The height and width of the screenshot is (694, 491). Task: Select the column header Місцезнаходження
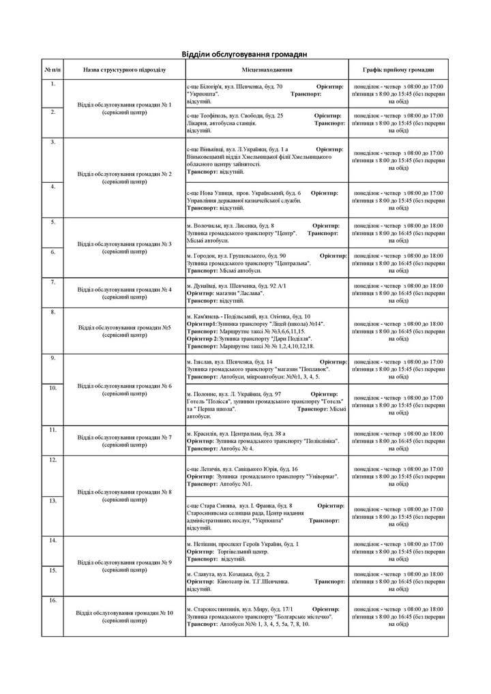pos(267,70)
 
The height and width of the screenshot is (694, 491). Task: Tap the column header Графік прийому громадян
pos(399,70)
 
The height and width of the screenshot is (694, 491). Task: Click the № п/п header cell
pos(53,70)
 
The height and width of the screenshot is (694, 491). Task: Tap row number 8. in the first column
pos(53,312)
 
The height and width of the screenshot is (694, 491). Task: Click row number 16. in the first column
pos(53,600)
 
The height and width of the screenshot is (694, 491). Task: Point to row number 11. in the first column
pos(53,429)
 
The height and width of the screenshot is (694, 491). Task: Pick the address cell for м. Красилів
pos(267,440)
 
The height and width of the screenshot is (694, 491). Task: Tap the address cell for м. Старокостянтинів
pos(267,616)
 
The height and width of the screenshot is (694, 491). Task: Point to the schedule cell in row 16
pos(399,616)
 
